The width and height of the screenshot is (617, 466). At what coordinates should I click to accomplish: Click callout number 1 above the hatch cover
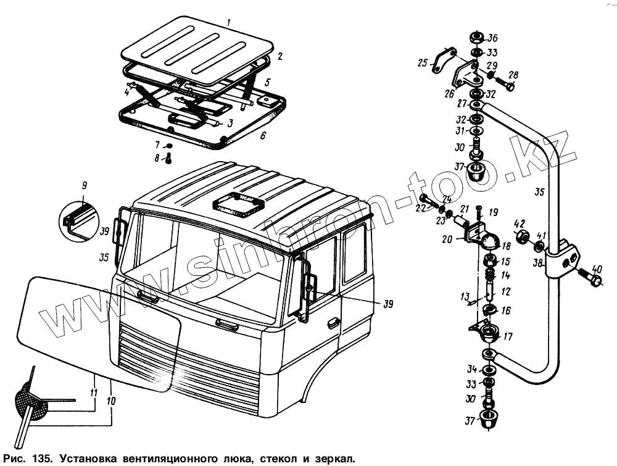point(229,22)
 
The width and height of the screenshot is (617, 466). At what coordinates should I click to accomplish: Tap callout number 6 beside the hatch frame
point(263,135)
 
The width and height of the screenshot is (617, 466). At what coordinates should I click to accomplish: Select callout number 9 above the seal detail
point(84,185)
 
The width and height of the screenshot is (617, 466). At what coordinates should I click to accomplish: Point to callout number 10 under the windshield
point(112,401)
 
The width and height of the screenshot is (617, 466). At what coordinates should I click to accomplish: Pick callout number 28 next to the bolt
point(513,75)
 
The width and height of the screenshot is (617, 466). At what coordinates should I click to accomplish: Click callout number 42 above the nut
point(520,223)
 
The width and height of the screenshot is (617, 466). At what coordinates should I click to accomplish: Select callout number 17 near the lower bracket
point(508,337)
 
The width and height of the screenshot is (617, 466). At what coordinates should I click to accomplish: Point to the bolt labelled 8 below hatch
point(168,159)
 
